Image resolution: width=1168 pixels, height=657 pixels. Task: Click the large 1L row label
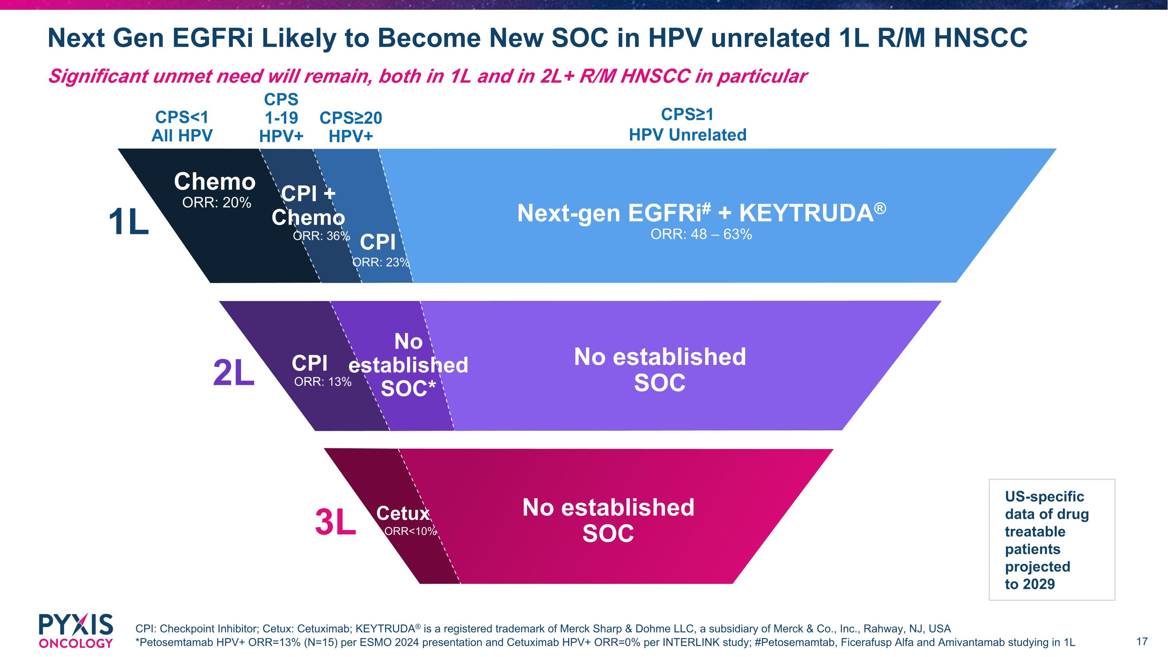[x=129, y=222]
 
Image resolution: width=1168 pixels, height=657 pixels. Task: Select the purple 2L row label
[x=234, y=373]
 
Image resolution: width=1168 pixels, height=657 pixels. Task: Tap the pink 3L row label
[x=336, y=522]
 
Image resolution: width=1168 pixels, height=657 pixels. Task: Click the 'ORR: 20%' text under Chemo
[x=217, y=202]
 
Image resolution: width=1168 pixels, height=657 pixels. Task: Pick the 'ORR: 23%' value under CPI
[x=381, y=262]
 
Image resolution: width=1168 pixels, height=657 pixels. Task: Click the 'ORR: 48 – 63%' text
[x=701, y=234]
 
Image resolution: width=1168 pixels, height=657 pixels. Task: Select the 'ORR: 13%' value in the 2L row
[x=323, y=382]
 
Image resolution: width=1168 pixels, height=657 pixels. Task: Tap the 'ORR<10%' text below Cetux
[x=410, y=531]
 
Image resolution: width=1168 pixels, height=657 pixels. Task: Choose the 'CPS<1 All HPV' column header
[x=182, y=126]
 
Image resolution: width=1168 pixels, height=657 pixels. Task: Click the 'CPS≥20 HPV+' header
[x=351, y=127]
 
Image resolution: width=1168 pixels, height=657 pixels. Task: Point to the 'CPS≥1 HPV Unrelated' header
[x=688, y=125]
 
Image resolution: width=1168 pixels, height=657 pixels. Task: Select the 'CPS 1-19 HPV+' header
[x=281, y=118]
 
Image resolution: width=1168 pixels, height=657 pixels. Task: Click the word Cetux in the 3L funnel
[x=403, y=513]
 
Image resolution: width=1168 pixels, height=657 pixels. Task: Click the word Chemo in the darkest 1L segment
[x=215, y=181]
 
